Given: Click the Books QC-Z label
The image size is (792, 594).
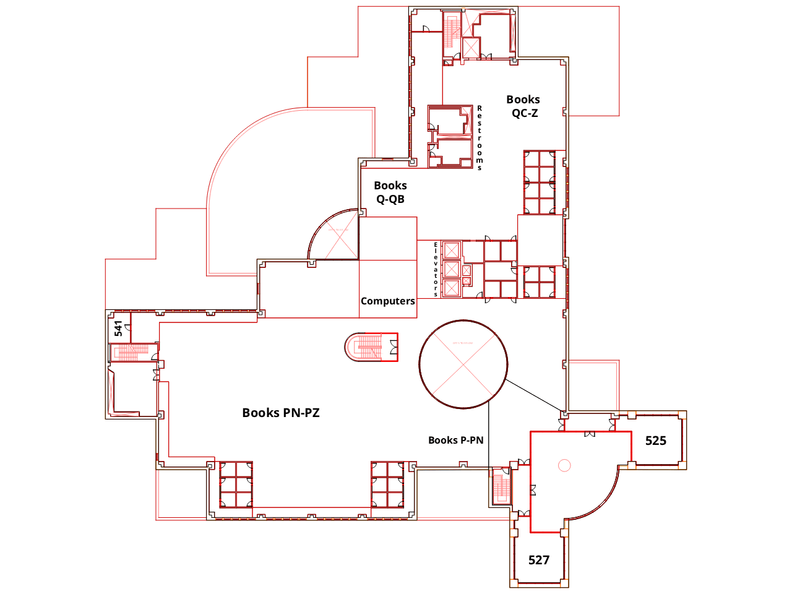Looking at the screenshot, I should coord(523,106).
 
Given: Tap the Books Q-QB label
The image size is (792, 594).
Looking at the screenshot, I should coord(390,192).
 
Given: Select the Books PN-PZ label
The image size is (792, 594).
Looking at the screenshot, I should coord(281,413).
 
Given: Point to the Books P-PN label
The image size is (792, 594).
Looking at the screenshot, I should coord(455,440).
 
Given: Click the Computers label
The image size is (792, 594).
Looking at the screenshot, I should coord(388,301).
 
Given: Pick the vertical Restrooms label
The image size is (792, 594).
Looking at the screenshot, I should coord(480,137).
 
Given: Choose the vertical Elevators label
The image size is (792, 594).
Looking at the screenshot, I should coord(436,269).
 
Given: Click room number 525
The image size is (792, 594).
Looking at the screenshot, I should coord(656,441).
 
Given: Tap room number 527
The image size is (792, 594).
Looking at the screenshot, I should coord(539,560).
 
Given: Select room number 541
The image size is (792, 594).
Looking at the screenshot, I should coord(118,328).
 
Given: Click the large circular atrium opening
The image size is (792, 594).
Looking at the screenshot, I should coord(463,364).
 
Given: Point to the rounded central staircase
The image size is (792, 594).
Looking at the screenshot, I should coord(371,347).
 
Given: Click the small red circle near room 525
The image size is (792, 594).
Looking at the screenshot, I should coord(563,465).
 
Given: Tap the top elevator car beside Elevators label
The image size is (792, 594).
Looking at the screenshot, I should coord(452,251).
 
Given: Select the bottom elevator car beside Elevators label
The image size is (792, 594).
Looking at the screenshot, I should coord(452,288).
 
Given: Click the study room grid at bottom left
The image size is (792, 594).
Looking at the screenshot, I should coord(236,484).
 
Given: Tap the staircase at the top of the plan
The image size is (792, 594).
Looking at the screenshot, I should coord(451,31).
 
